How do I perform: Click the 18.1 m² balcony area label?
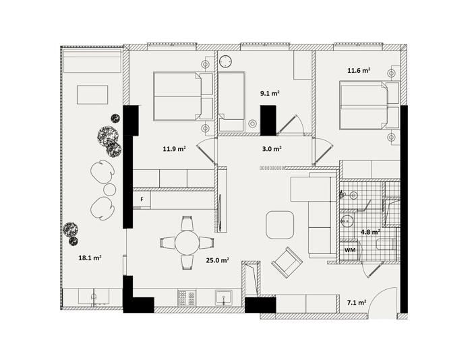(90, 258)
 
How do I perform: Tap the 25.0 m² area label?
(217, 260)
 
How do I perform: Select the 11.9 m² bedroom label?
(174, 148)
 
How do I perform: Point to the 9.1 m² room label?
(270, 93)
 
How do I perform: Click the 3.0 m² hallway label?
(272, 148)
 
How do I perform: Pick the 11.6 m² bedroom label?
(359, 71)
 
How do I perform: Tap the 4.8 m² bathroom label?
(370, 232)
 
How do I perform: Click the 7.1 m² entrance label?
(357, 302)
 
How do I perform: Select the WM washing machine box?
(350, 250)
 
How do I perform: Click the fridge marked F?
(142, 199)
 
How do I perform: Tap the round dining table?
(187, 243)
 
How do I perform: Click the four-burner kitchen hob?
(187, 297)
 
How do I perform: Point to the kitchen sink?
(224, 297)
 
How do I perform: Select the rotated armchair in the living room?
(287, 262)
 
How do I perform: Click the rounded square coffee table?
(280, 225)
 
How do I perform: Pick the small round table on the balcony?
(109, 189)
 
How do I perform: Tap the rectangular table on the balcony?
(92, 95)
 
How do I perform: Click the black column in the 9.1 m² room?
(268, 120)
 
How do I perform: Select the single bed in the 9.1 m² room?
(231, 102)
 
